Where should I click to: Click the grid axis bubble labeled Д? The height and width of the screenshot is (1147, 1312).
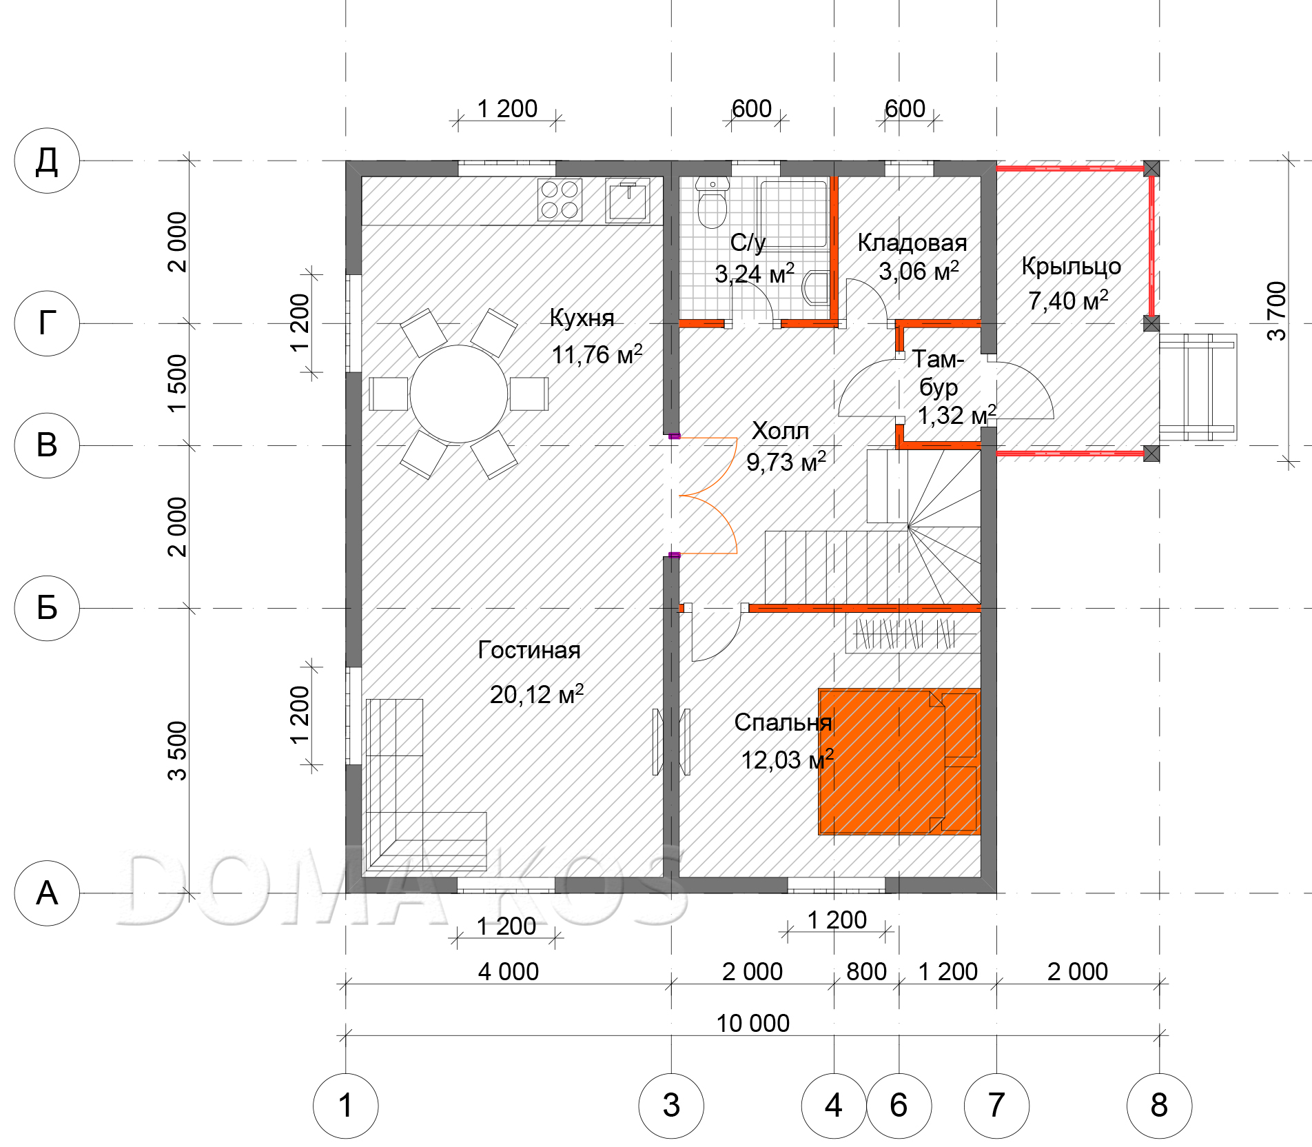47,161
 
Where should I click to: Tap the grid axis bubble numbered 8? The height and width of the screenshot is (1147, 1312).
1159,1106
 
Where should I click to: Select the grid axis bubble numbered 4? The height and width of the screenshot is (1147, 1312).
834,1106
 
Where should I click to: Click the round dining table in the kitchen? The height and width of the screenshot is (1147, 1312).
459,394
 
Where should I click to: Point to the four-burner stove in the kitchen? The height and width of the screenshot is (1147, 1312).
560,200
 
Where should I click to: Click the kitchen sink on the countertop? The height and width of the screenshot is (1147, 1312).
628,201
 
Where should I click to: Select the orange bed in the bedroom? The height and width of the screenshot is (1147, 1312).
899,762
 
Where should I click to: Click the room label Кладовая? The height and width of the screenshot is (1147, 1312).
912,243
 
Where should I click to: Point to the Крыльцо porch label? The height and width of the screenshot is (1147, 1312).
1071,267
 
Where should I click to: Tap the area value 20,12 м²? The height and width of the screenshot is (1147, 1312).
537,694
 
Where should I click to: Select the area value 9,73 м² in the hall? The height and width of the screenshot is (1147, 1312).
786,462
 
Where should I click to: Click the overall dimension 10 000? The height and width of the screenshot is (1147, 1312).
752,1024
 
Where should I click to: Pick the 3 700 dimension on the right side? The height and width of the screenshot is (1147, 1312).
1276,311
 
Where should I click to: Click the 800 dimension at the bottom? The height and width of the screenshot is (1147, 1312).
866,972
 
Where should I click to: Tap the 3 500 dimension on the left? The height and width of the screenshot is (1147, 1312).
177,751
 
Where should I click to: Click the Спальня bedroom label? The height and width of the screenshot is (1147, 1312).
783,722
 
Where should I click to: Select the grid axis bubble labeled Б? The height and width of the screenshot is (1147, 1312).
47,608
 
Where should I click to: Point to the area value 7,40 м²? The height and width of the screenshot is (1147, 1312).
1068,301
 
